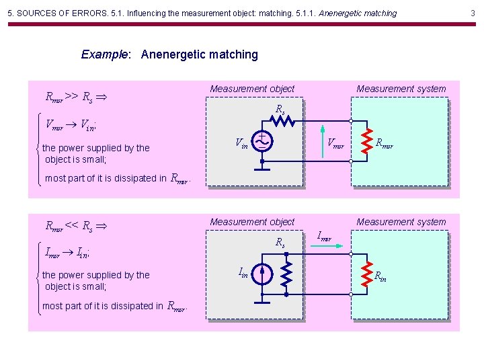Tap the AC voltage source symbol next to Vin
pyautogui.click(x=261, y=142)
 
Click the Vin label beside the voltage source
pyautogui.click(x=241, y=143)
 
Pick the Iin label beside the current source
pyautogui.click(x=243, y=272)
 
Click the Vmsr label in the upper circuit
pyautogui.click(x=335, y=143)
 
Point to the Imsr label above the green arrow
pyautogui.click(x=325, y=236)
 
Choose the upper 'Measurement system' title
pyautogui.click(x=401, y=89)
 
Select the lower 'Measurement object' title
pyautogui.click(x=252, y=222)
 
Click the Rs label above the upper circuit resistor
pyautogui.click(x=280, y=109)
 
